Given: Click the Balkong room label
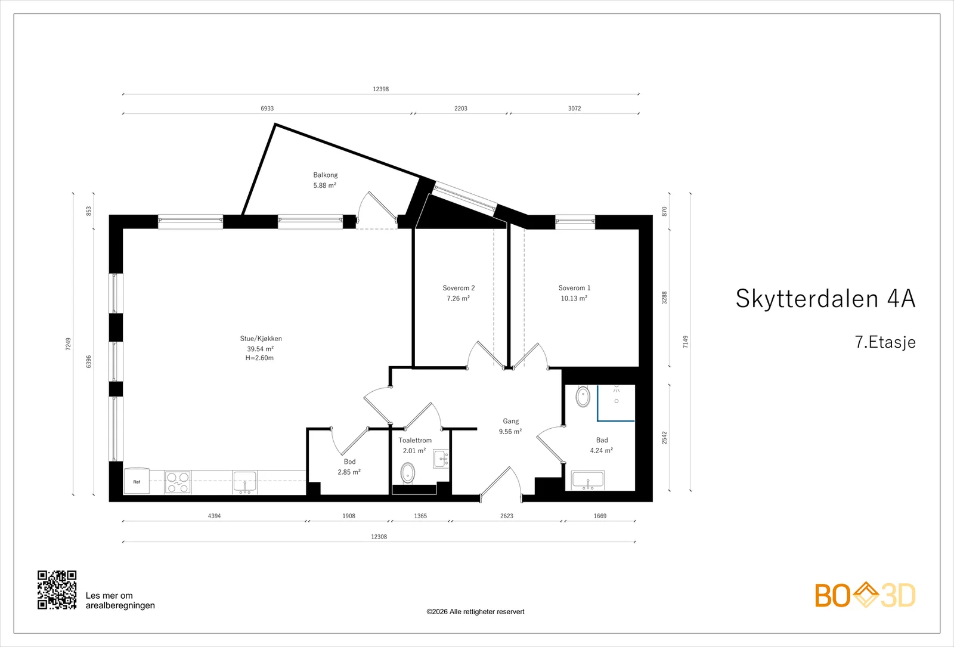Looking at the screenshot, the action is [x=326, y=175].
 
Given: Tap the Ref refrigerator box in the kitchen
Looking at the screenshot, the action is [x=137, y=481].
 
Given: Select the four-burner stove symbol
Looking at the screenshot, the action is [x=178, y=482].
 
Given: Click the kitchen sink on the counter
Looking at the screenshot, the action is [x=244, y=482].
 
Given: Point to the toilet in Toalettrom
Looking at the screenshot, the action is [x=408, y=473].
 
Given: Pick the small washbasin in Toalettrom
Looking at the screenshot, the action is [x=441, y=459].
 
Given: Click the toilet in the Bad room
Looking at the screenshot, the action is [x=583, y=397].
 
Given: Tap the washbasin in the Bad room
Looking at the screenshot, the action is [x=588, y=481].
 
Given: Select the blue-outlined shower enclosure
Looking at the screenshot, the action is [x=616, y=403].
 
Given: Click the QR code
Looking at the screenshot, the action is [x=57, y=590].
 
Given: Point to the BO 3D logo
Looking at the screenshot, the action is [x=865, y=595].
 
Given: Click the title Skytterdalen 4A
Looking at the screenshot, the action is [x=825, y=298].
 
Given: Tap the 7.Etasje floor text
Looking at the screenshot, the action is [x=885, y=342].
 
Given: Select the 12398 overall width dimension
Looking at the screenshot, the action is [x=381, y=89].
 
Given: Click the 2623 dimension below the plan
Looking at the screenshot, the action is [x=506, y=516].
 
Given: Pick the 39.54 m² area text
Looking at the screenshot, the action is [x=260, y=349].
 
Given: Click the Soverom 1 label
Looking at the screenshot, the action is [x=575, y=288].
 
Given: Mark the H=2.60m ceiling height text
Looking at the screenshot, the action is [x=259, y=358].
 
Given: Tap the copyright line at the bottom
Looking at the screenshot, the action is [x=475, y=612].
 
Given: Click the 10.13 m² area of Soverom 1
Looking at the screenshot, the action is [x=574, y=298].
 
